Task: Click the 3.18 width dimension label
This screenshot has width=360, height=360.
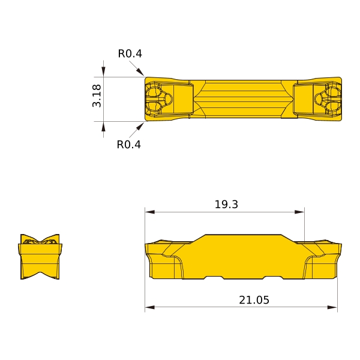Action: pos(97,96)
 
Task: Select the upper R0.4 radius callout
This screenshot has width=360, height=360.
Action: pos(130,53)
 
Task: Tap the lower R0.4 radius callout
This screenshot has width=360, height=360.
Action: pos(129,145)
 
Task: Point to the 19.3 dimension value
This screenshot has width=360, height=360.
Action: pos(226,204)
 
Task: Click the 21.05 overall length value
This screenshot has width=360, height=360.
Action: pos(254,300)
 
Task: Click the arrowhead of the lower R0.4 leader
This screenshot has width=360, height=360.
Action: pos(140,127)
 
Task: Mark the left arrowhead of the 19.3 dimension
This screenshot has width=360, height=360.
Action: pos(149,212)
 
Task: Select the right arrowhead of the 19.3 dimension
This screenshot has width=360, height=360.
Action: pos(299,212)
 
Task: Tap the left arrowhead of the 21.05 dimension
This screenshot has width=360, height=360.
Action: pos(149,307)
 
